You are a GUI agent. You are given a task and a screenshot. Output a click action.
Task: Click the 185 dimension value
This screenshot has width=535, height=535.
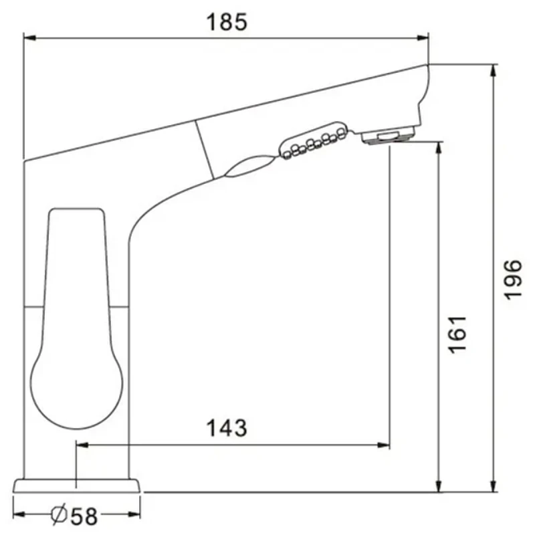click(x=227, y=22)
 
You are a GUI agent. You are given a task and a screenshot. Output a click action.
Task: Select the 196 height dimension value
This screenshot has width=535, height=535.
click(x=513, y=280)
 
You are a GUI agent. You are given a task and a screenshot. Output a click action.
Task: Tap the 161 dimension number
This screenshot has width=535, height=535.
click(x=457, y=335)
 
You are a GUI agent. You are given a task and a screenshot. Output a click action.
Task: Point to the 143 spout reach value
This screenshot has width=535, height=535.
click(x=227, y=428)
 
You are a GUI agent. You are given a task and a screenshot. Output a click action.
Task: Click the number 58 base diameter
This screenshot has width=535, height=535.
click(x=84, y=516)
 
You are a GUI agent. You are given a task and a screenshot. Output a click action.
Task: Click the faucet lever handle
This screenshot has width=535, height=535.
click(x=76, y=317)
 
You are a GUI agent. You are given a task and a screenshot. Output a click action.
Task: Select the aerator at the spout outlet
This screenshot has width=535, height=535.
click(x=389, y=136)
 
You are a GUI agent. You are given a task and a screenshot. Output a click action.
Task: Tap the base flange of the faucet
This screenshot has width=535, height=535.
click(x=76, y=486)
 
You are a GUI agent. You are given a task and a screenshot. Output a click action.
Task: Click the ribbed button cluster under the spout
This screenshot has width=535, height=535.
click(x=314, y=140)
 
